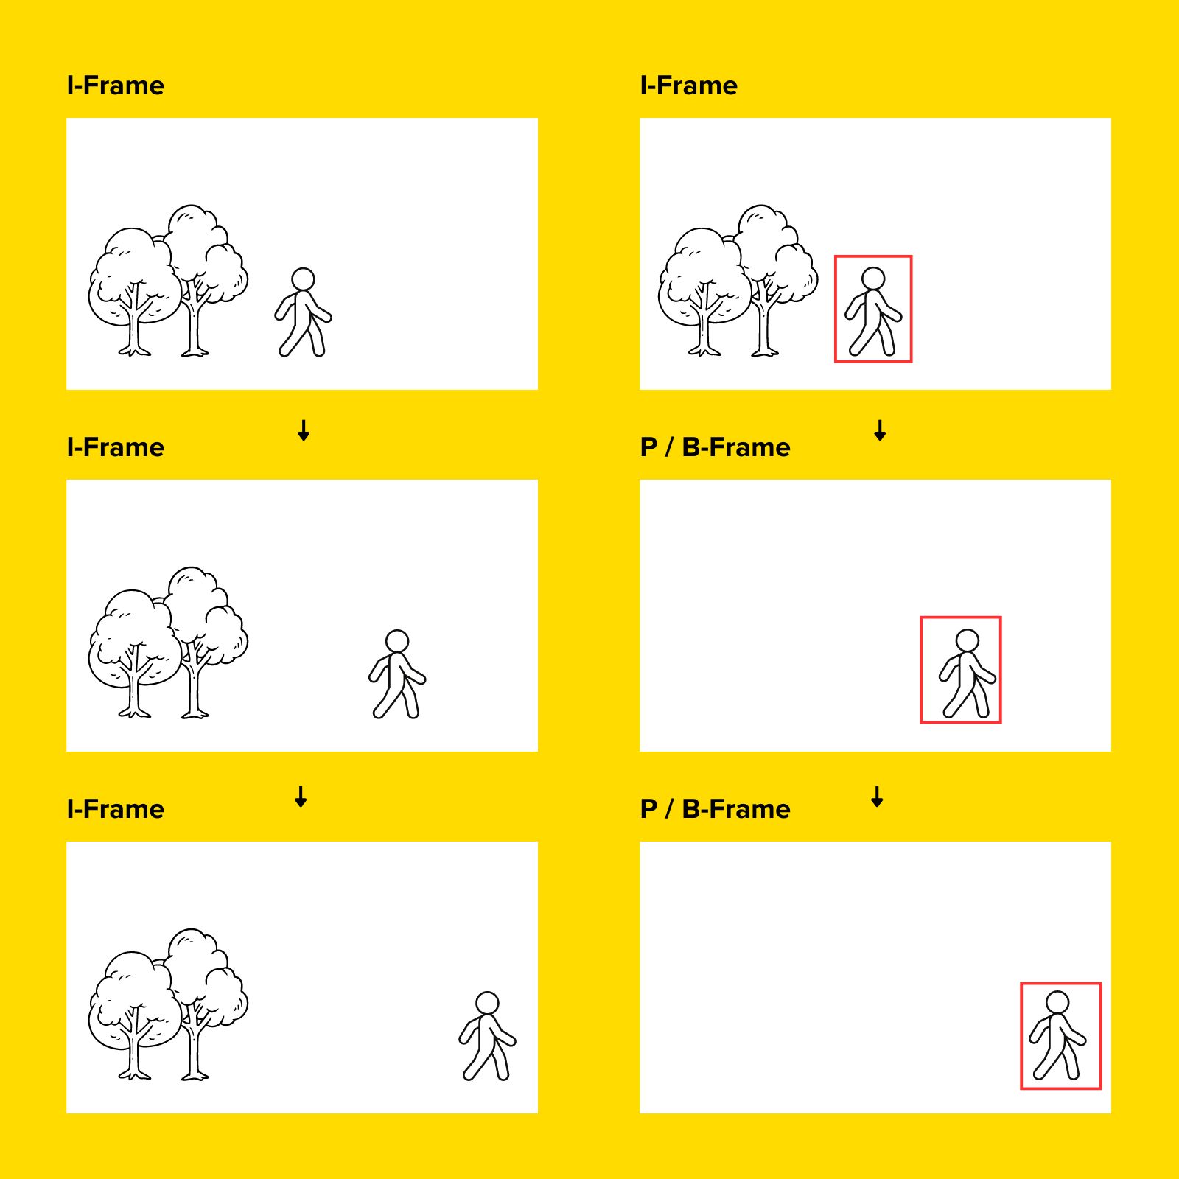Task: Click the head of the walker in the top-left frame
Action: [303, 279]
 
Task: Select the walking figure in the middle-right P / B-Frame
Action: [967, 673]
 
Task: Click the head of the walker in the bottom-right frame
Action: [1057, 1003]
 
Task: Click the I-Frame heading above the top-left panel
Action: [116, 85]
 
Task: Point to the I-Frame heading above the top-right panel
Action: [689, 85]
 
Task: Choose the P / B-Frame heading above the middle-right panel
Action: [715, 447]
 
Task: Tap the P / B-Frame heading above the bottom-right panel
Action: [715, 809]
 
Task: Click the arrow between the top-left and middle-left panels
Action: [304, 430]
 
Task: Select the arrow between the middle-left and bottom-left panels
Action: [301, 797]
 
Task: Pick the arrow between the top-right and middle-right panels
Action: [880, 430]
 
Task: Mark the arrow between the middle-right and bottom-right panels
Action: [877, 797]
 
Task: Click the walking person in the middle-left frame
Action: [397, 674]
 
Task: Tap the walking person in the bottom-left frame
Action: [487, 1036]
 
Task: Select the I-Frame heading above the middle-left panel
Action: [116, 447]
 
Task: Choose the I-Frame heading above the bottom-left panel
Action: [116, 809]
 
